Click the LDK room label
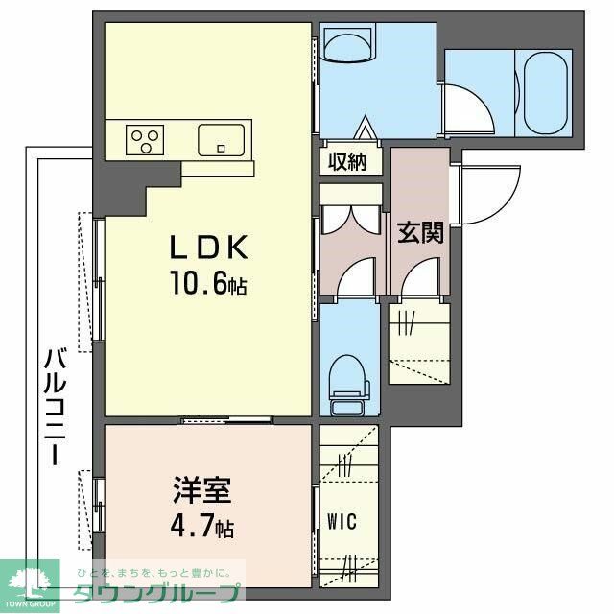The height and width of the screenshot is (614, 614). pyautogui.click(x=209, y=248)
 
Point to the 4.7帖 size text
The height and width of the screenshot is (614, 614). pyautogui.click(x=199, y=527)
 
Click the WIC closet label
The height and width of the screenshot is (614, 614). pyautogui.click(x=342, y=522)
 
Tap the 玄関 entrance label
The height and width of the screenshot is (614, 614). pyautogui.click(x=420, y=231)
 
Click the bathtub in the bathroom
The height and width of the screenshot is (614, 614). pyautogui.click(x=544, y=94)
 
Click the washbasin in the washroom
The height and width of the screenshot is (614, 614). pyautogui.click(x=348, y=44)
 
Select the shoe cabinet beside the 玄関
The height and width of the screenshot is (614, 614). pyautogui.click(x=418, y=341)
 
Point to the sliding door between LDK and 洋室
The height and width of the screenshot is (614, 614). pyautogui.click(x=227, y=419)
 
